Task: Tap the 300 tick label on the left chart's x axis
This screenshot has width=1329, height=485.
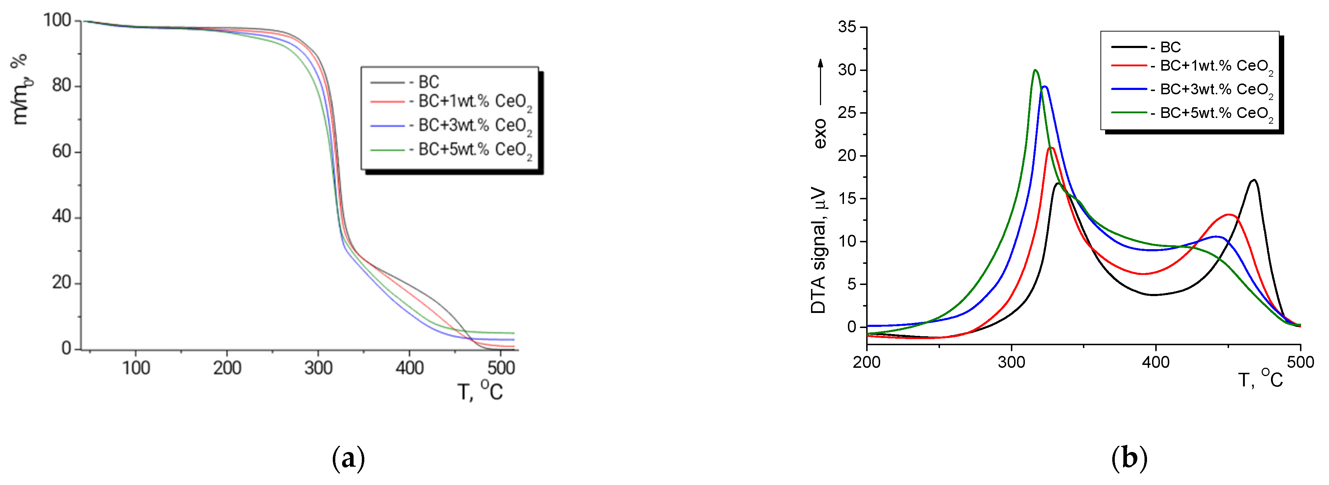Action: click(x=318, y=368)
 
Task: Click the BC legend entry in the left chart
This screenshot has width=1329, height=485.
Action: click(x=428, y=82)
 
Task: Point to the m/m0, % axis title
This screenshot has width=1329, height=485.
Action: click(x=20, y=89)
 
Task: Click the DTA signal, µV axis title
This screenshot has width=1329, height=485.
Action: click(x=819, y=251)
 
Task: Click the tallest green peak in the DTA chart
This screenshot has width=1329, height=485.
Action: click(x=1035, y=70)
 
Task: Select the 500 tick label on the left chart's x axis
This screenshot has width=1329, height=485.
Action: click(x=501, y=368)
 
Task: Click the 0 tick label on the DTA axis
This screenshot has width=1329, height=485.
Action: click(x=851, y=327)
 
